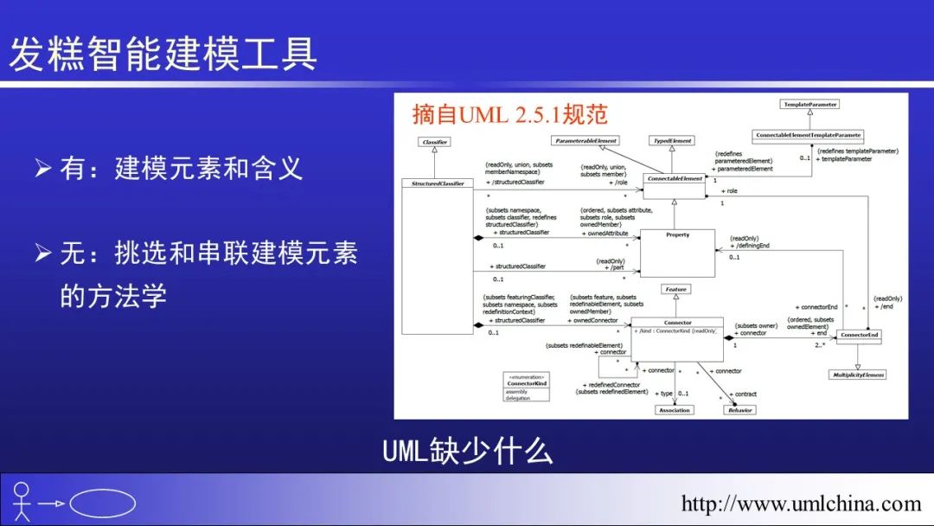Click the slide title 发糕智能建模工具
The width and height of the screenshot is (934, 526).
[163, 53]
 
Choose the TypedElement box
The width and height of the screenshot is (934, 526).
[672, 140]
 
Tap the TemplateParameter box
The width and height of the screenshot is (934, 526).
[809, 105]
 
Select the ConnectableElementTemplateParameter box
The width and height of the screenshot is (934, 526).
[809, 135]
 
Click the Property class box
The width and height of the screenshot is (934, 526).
[677, 252]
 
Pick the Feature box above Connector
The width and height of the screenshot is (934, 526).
[676, 289]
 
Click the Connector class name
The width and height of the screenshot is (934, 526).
[677, 323]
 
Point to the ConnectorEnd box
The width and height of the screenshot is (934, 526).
[860, 335]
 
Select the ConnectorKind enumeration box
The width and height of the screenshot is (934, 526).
[528, 387]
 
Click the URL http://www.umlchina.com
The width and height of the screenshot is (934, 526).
[801, 504]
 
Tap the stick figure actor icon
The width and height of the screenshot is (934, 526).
[22, 500]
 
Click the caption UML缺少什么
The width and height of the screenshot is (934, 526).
[467, 451]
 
